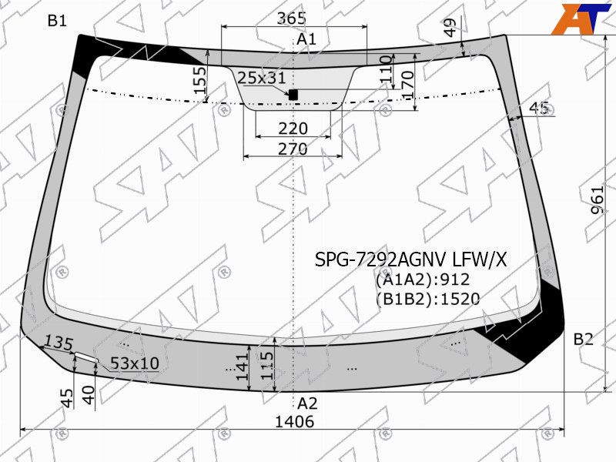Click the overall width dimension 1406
[294, 422]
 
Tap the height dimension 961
[598, 200]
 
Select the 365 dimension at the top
[292, 18]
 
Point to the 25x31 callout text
[262, 79]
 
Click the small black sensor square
[293, 95]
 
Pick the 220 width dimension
[293, 129]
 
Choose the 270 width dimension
[293, 149]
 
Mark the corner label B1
[57, 21]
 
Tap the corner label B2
[584, 339]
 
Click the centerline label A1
[306, 39]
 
